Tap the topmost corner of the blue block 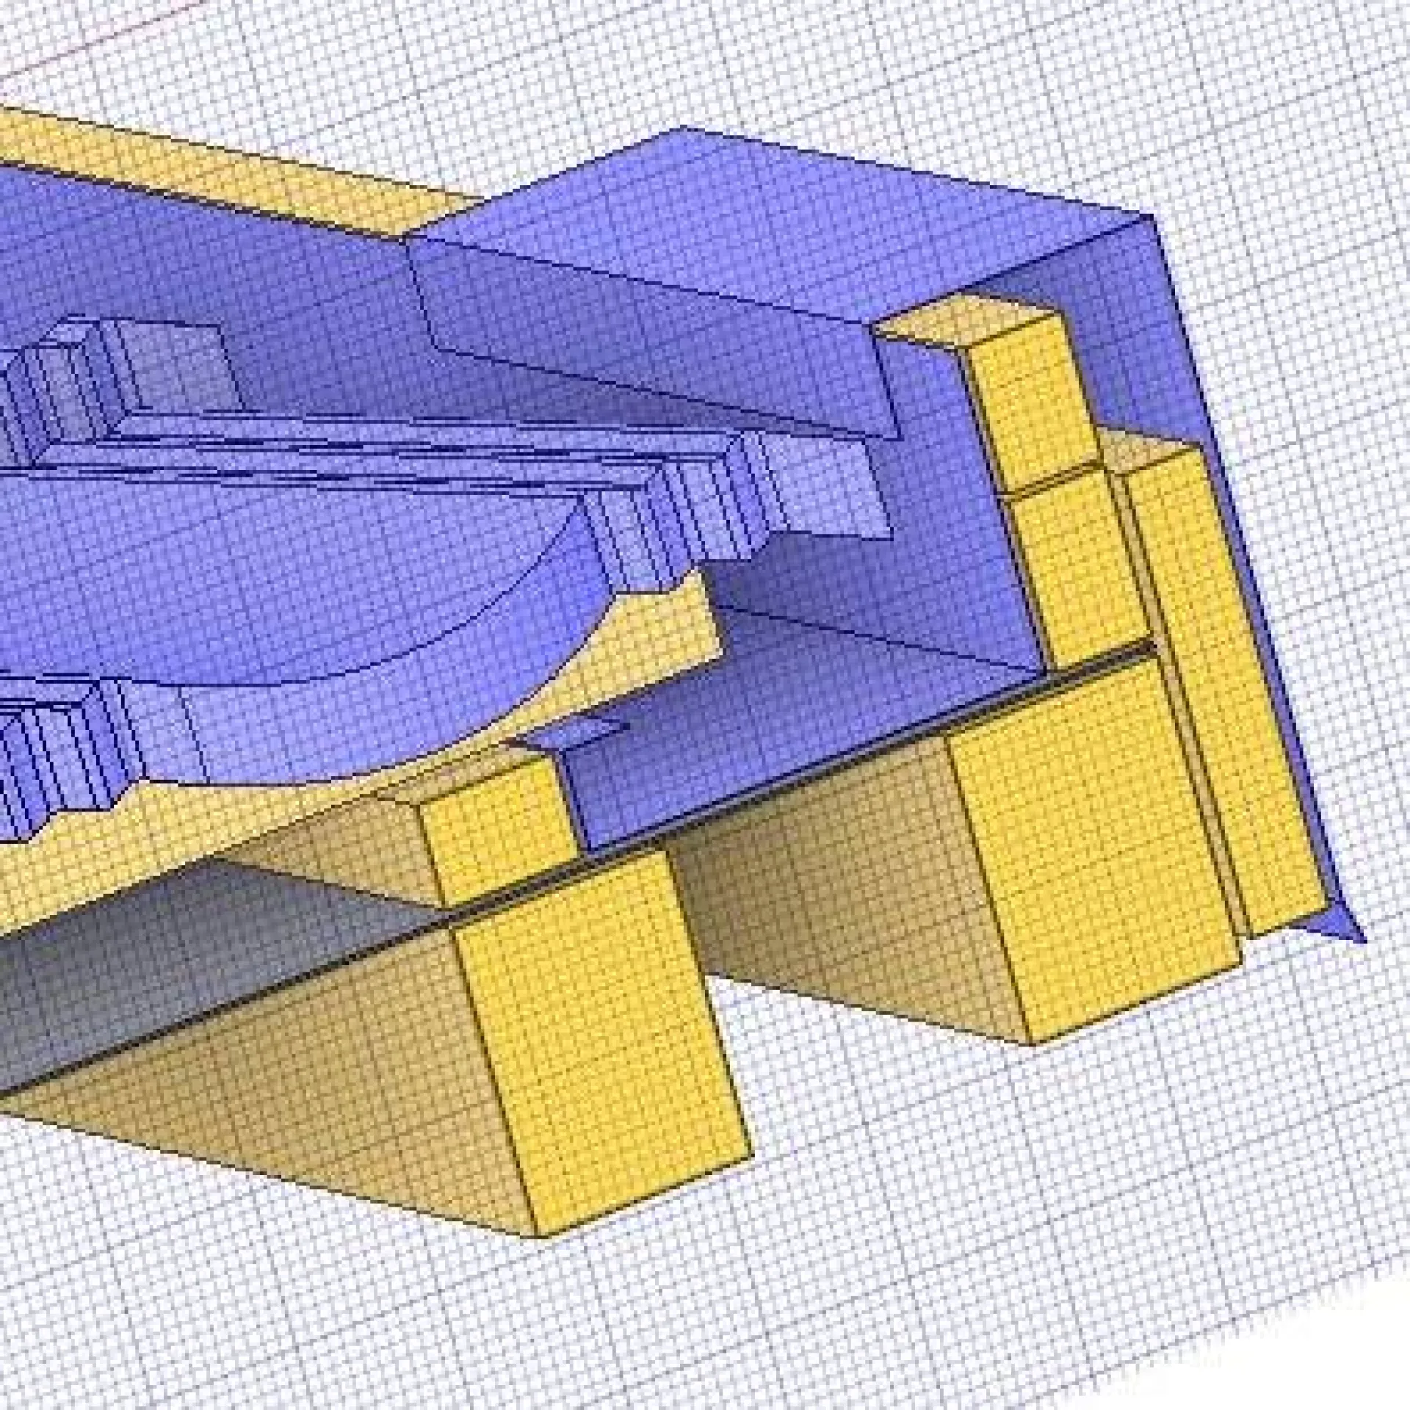pyautogui.click(x=679, y=129)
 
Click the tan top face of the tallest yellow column pyautogui.click(x=969, y=323)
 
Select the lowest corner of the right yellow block pyautogui.click(x=1032, y=1043)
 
